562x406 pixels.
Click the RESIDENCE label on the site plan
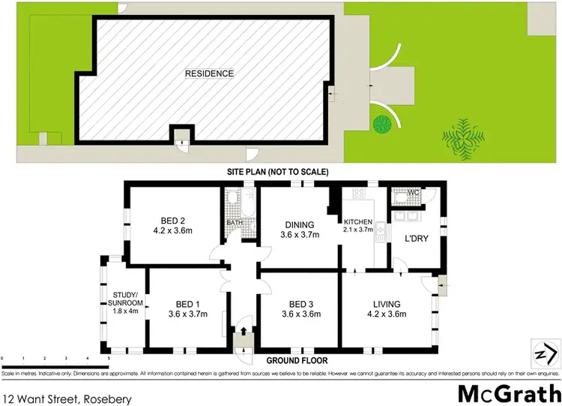210,74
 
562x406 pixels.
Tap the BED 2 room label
172,221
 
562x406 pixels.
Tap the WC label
413,193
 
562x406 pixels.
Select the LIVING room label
388,304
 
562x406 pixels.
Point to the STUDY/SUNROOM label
122,299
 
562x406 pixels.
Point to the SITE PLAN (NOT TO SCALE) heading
278,172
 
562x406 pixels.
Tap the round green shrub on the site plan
384,122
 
